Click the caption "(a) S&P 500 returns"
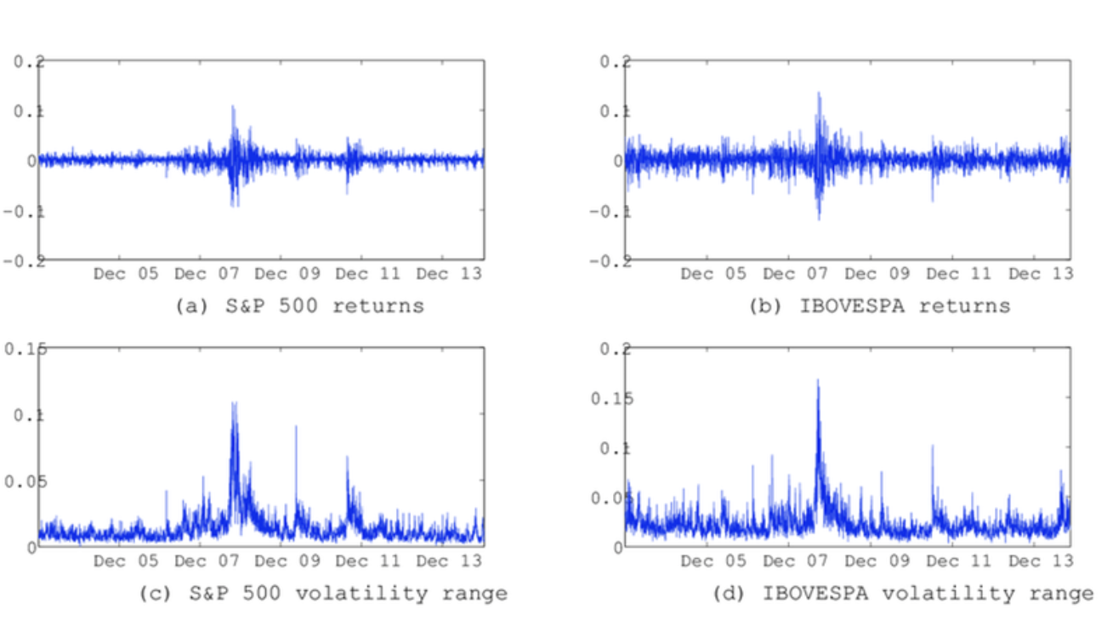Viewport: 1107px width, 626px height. click(x=298, y=305)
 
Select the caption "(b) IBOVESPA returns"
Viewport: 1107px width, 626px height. click(x=879, y=305)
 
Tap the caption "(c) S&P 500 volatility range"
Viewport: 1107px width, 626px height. click(x=323, y=593)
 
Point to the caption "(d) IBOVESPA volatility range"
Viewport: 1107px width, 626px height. click(x=903, y=593)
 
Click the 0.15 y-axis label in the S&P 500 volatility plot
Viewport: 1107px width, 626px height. click(x=26, y=349)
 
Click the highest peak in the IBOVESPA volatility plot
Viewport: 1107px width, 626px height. click(x=818, y=381)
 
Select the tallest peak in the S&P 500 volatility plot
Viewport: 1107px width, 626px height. click(x=234, y=402)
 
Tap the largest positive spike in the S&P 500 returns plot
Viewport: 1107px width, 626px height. click(x=232, y=106)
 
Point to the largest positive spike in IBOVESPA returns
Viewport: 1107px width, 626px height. click(x=819, y=93)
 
